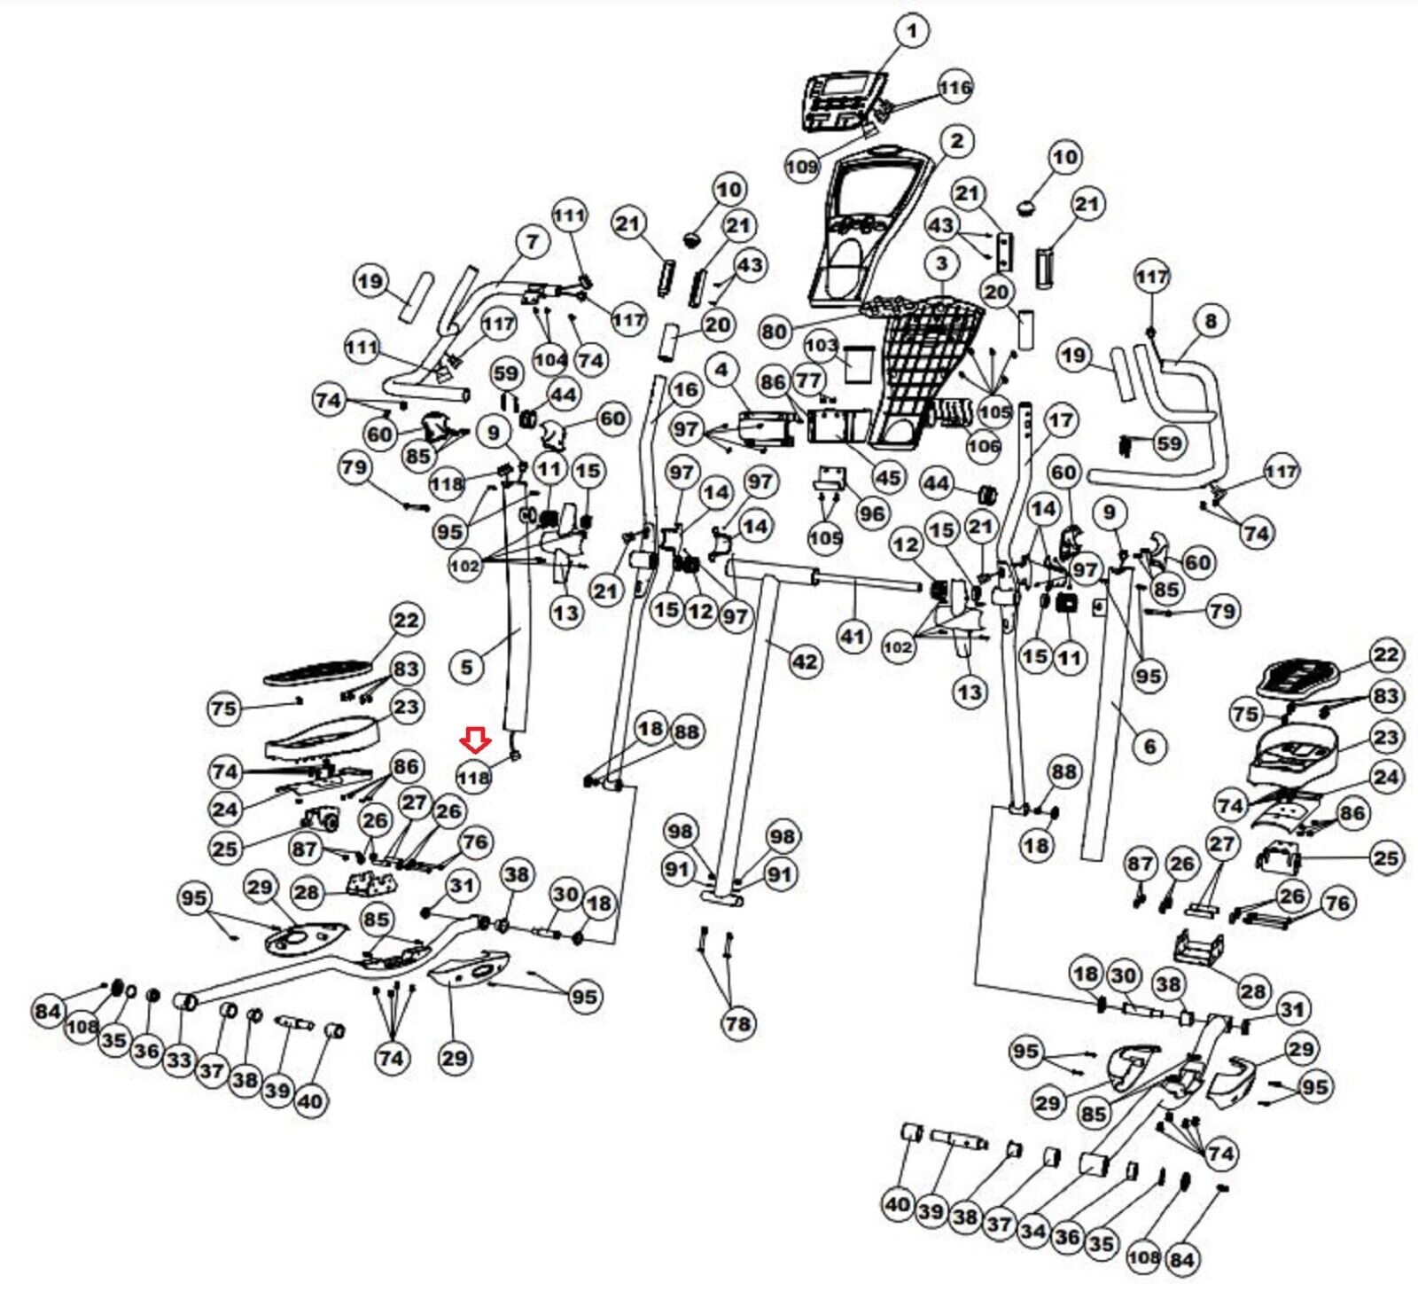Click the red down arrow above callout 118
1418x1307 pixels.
477,738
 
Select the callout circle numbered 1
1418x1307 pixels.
911,32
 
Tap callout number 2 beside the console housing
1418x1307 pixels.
956,141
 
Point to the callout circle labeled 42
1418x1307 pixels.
805,661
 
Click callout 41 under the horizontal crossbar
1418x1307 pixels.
853,636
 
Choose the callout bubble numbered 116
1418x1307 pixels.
955,88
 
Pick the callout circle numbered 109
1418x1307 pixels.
802,166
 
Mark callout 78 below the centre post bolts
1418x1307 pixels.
737,1023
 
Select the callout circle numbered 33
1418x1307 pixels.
179,1060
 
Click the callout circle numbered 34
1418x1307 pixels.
1032,1231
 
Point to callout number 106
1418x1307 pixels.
984,446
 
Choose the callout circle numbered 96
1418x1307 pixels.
872,513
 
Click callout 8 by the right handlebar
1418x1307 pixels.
1212,321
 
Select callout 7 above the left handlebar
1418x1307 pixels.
532,241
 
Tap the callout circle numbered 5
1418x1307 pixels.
467,667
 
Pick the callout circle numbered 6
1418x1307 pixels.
1149,746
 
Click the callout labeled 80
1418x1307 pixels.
775,332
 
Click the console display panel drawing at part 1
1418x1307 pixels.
846,100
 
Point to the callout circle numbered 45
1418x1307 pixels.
888,477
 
